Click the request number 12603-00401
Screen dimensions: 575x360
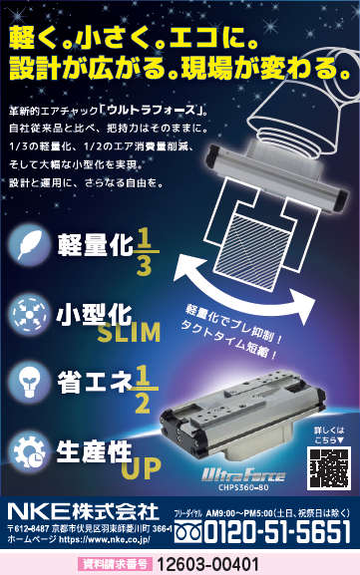(208, 564)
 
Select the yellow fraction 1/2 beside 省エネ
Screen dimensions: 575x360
(141, 387)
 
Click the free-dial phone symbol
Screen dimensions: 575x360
(188, 534)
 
